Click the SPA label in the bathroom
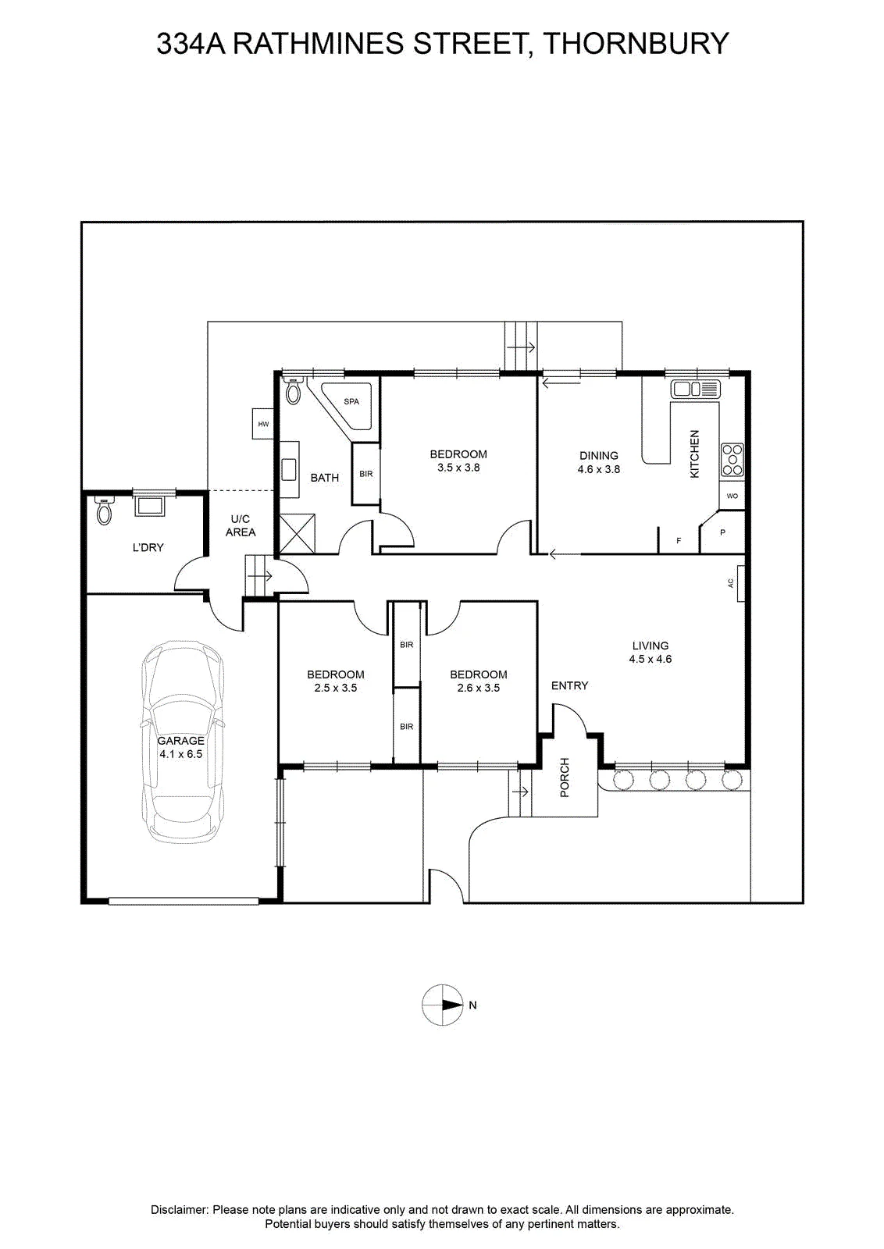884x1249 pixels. (351, 401)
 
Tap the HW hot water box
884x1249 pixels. (263, 424)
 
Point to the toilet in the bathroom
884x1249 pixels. (293, 390)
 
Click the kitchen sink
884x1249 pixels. (696, 389)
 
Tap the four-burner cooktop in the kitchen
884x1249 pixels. (733, 460)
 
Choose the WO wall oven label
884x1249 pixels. (733, 496)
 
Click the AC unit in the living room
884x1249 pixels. (740, 583)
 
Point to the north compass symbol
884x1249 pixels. (442, 1005)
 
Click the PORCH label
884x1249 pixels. (565, 778)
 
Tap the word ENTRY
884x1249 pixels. (569, 685)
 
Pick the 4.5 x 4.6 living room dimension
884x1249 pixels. (651, 659)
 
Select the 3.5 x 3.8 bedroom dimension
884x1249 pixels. (458, 468)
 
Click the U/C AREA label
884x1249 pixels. (241, 526)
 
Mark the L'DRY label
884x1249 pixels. (148, 547)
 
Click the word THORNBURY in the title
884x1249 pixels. (636, 44)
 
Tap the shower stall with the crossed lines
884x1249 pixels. (298, 534)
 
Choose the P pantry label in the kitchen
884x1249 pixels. (723, 532)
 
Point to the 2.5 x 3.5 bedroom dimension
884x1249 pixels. (335, 688)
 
